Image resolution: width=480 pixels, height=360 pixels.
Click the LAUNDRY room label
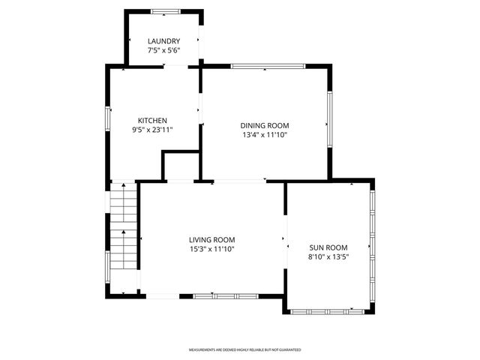pos(163,41)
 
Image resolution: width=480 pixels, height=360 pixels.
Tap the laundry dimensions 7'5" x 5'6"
pos(163,50)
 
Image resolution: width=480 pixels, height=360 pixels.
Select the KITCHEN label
pos(152,121)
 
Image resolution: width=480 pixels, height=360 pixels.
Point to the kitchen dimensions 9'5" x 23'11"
pos(152,130)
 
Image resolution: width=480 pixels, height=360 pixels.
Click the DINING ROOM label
pos(265,126)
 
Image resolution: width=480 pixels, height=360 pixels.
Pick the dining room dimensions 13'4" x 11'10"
pos(265,135)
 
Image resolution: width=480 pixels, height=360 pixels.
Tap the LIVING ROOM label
pos(212,240)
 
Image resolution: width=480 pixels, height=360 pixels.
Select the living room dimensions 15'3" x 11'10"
pos(212,249)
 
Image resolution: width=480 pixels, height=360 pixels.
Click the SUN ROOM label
pos(328,247)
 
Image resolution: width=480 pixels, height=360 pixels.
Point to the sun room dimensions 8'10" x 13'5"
pos(328,256)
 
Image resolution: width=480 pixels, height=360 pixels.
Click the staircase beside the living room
pos(124,229)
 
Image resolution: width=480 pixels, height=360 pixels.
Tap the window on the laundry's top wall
pos(164,11)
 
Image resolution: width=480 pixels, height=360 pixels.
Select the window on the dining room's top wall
pos(268,67)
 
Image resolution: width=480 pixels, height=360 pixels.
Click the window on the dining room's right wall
pos(328,119)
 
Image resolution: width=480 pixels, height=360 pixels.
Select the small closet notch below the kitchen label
pos(180,166)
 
